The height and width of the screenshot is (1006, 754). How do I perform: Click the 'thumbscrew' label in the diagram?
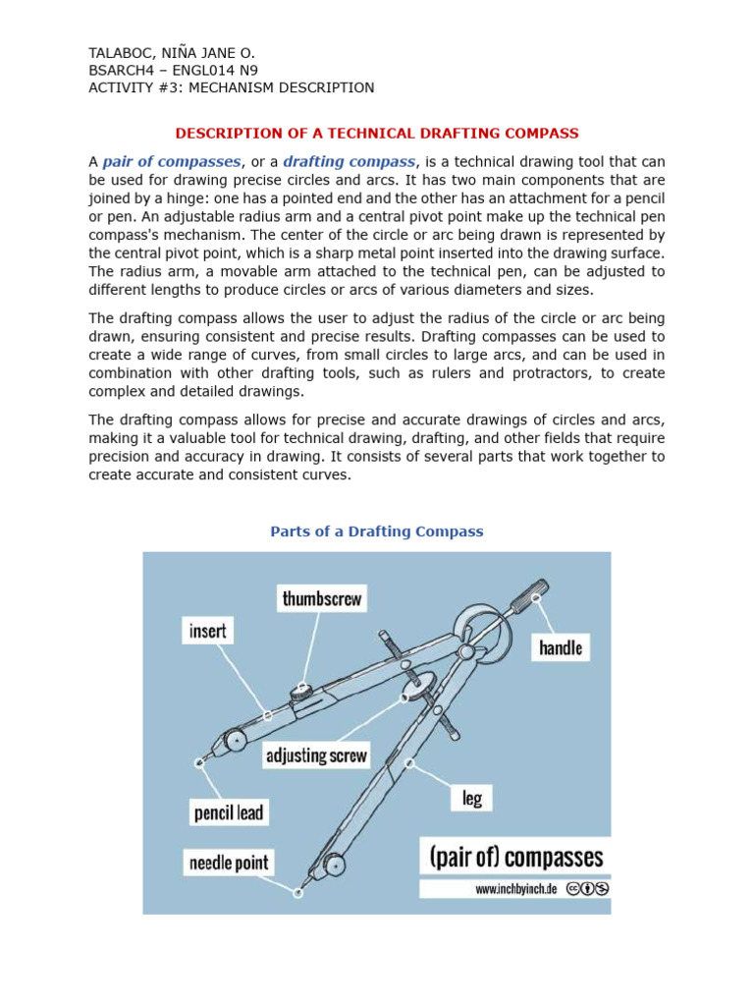tap(322, 598)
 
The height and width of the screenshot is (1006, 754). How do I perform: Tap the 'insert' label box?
tap(207, 631)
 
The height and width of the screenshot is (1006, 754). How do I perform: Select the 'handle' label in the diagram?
tap(561, 647)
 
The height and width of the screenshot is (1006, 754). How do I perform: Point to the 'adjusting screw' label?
tap(316, 755)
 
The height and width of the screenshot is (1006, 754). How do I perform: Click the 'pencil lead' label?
tap(228, 813)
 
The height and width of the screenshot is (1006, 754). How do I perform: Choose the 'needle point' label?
tap(228, 863)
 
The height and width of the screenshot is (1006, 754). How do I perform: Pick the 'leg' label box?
tap(472, 798)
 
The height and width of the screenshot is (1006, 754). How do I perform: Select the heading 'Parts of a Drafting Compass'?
tap(377, 531)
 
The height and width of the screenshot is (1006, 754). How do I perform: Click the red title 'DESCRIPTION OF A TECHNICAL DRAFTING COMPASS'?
tap(377, 133)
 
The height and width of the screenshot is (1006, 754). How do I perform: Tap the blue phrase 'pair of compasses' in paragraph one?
tap(172, 161)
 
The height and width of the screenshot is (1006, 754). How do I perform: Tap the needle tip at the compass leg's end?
tap(298, 892)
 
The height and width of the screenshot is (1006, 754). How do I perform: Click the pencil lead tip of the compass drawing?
tap(199, 761)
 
